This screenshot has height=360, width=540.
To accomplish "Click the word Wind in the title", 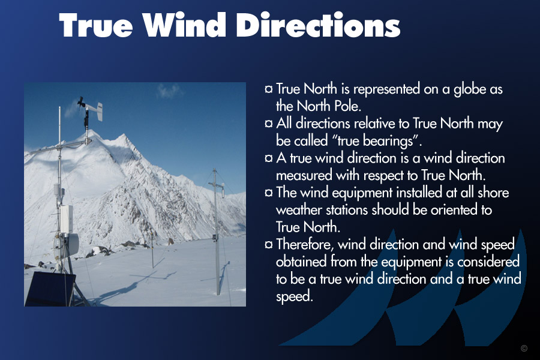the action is click(184, 25).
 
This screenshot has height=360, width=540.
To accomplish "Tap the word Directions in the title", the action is click(319, 25).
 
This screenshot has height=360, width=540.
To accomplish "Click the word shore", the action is click(493, 192).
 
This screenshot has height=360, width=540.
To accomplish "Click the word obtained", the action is click(301, 262).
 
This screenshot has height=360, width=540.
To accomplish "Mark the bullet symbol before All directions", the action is click(269, 124).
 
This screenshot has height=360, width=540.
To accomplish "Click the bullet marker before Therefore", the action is click(269, 244).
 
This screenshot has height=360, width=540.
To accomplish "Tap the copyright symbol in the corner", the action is click(524, 348).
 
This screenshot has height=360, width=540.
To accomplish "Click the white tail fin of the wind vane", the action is click(99, 111).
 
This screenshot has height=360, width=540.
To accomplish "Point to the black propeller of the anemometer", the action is click(81, 103).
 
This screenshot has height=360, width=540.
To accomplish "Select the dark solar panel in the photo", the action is click(50, 289).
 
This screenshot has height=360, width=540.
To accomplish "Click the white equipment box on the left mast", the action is click(66, 220).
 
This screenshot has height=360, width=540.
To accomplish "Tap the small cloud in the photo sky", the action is click(169, 91).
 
